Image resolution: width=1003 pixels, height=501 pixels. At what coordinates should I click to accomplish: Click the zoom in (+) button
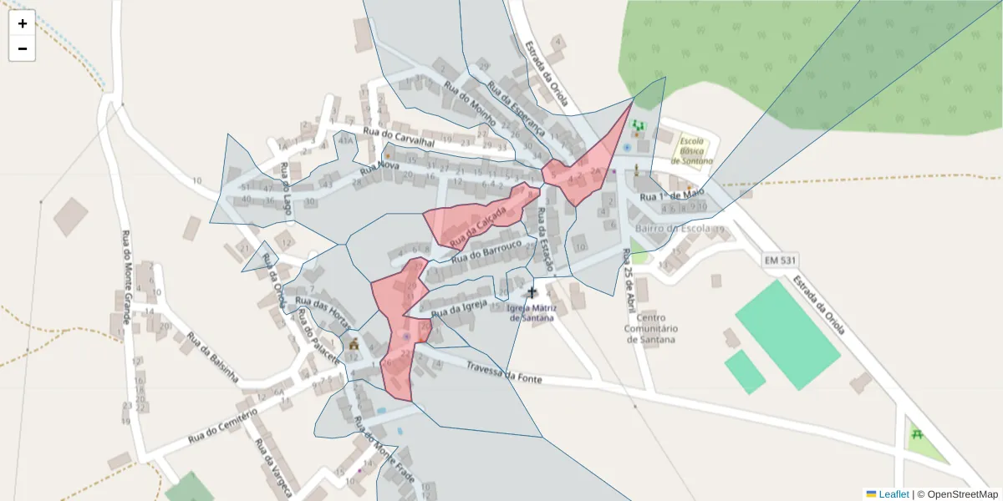tap(23, 23)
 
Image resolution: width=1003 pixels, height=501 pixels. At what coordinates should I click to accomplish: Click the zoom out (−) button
tap(23, 48)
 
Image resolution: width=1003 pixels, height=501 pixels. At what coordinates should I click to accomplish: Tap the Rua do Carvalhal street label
tap(400, 137)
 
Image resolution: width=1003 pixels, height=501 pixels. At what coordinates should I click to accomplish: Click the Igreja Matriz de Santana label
tap(532, 311)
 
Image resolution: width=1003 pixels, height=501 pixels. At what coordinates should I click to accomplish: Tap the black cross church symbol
tap(532, 293)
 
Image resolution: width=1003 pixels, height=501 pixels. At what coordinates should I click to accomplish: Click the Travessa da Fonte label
tap(504, 372)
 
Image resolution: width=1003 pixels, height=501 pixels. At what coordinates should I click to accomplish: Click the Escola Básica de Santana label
tap(695, 149)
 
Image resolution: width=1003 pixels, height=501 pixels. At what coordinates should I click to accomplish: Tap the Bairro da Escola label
tap(673, 228)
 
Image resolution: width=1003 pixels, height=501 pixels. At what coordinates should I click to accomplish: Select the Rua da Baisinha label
tap(213, 357)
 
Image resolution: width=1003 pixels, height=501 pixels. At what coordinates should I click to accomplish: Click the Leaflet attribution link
tap(894, 494)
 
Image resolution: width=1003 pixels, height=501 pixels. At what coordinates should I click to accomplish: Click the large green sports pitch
tap(787, 334)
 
